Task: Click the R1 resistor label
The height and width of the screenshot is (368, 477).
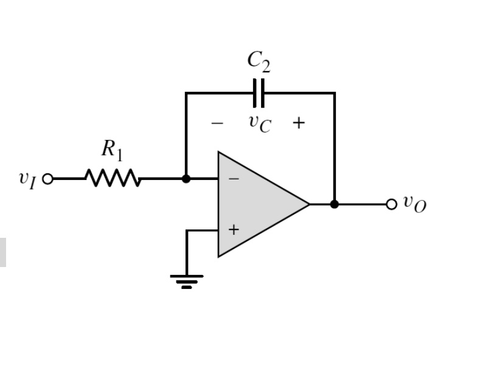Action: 111,150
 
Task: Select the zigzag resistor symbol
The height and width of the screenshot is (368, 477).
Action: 113,179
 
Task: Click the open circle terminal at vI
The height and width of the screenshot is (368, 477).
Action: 47,179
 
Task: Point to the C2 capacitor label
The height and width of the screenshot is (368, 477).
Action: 259,61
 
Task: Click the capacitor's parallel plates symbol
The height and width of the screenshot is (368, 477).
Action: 259,93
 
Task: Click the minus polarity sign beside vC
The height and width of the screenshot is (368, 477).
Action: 217,123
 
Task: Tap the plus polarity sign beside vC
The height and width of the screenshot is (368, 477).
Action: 298,123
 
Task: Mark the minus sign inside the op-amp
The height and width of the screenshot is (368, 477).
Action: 234,179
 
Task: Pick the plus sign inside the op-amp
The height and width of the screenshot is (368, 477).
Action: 234,230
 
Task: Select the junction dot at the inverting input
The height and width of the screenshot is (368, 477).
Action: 186,179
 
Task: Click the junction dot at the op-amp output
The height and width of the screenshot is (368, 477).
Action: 334,204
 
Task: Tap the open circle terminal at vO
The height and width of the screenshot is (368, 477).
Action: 391,204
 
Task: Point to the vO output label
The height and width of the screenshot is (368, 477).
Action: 414,204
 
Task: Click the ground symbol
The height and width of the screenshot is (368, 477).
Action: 186,280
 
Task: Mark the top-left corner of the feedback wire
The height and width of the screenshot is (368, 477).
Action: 186,93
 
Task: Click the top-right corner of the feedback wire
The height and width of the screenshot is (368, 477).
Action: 334,93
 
